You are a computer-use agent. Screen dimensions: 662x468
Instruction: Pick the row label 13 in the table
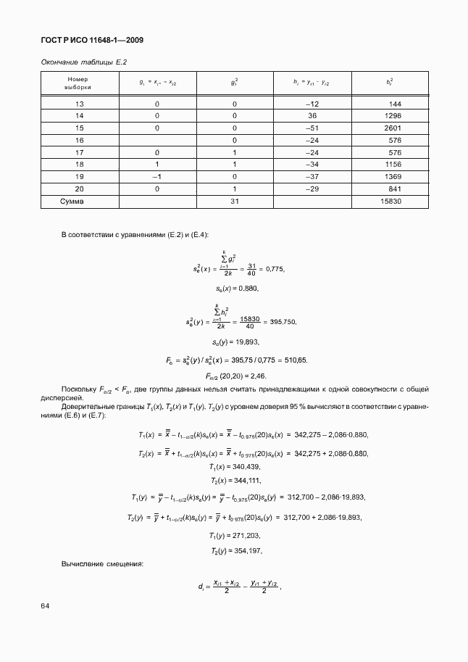tap(80, 104)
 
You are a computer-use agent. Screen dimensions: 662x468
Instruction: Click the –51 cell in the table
tap(313, 128)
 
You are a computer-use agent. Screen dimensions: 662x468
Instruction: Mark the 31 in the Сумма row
tap(234, 201)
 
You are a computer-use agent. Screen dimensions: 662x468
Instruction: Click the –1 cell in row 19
tap(156, 176)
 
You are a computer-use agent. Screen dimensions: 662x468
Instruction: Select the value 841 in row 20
tap(395, 189)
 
